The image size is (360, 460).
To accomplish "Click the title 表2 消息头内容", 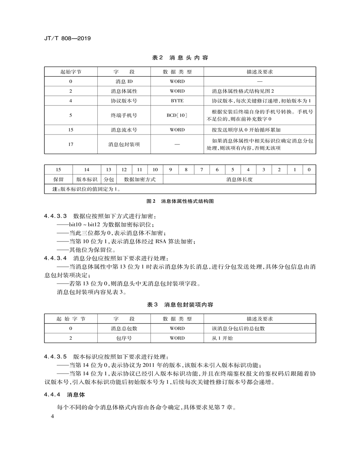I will pos(180,58).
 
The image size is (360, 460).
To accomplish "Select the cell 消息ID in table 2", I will pos(124,81).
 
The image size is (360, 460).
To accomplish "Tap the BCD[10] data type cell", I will pos(177,115).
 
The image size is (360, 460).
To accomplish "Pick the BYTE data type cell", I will pos(177,100).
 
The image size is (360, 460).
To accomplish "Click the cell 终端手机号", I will pos(124,115).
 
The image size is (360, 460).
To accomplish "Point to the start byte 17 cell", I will pos(71,144).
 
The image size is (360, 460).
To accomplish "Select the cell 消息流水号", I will pos(124,130).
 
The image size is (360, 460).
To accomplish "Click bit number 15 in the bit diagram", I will pos(58,169).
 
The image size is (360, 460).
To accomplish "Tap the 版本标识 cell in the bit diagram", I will pos(87,179).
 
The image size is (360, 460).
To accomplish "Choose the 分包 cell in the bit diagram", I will pos(109,179).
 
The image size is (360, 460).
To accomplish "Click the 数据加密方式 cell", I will pos(140,179).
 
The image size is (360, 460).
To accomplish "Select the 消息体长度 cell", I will pos(239,179).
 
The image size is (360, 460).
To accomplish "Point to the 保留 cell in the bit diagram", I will pos(58,179).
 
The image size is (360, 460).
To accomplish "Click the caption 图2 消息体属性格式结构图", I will pos(180,201).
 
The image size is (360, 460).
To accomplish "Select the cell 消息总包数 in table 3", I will pos(124,329).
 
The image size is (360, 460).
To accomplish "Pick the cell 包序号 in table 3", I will pos(124,338).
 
